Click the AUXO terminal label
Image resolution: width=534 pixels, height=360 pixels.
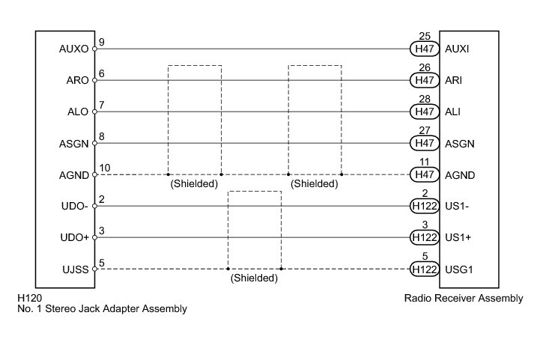click(73, 49)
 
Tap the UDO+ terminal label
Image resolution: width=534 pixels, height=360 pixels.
click(74, 237)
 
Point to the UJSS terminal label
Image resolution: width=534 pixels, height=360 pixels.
click(75, 269)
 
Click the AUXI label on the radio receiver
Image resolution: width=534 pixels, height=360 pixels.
click(457, 49)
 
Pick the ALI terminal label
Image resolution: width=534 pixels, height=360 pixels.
click(452, 112)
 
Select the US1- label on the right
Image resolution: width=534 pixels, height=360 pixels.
click(456, 206)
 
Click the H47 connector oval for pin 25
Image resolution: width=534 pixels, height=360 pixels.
click(425, 49)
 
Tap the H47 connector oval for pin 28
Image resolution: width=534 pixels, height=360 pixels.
click(425, 112)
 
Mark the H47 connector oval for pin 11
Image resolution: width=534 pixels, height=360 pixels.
click(425, 174)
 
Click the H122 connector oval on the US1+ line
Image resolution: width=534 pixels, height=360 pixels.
click(425, 237)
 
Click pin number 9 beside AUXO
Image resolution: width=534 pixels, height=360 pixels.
click(101, 42)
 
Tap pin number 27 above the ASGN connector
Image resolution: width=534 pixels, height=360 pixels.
click(425, 129)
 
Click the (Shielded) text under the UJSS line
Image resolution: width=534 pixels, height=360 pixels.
click(254, 278)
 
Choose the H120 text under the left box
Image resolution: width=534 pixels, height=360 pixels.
click(30, 298)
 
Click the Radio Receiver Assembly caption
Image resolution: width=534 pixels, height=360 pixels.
click(463, 298)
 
